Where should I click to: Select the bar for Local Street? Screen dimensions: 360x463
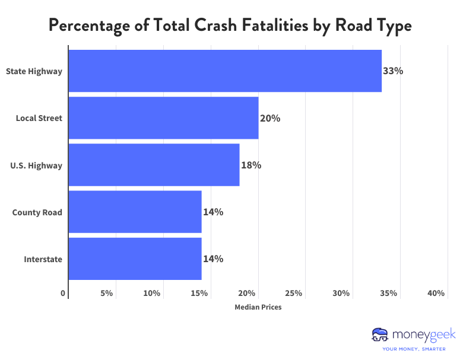point(163,118)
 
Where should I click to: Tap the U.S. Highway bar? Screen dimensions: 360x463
point(154,165)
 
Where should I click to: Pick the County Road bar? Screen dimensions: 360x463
point(135,212)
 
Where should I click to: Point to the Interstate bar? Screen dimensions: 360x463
point(135,259)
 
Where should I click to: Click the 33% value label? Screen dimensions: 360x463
point(393,71)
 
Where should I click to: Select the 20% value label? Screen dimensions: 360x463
point(270,118)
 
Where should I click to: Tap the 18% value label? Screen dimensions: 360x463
point(251,165)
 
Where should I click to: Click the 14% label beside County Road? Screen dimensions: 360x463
point(213,212)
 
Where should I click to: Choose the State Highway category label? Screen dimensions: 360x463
point(34,71)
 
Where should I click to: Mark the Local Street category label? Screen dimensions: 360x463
point(39,118)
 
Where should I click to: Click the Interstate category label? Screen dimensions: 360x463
point(43,259)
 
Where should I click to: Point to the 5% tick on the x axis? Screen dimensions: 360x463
point(107,294)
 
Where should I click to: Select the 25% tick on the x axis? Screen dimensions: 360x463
point(294,294)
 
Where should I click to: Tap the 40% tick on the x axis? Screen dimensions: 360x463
point(436,294)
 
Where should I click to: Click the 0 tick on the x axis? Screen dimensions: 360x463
point(64,294)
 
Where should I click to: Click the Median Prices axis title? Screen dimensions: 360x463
point(258,307)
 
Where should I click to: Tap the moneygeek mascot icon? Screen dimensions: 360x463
point(379,335)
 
